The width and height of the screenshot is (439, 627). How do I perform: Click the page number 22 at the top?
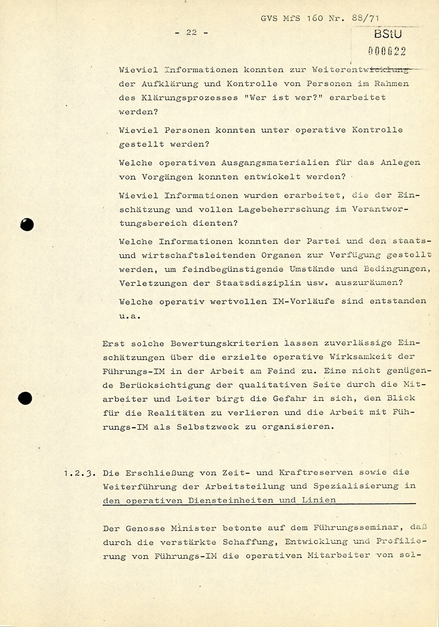[x=191, y=32]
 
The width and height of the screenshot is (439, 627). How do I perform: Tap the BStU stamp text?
[x=388, y=35]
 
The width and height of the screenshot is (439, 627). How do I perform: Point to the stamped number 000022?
[x=387, y=51]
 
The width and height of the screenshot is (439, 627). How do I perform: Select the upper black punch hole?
[x=27, y=225]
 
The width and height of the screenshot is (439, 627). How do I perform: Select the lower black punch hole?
[x=26, y=399]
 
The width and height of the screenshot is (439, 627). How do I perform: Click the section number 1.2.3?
[x=79, y=473]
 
